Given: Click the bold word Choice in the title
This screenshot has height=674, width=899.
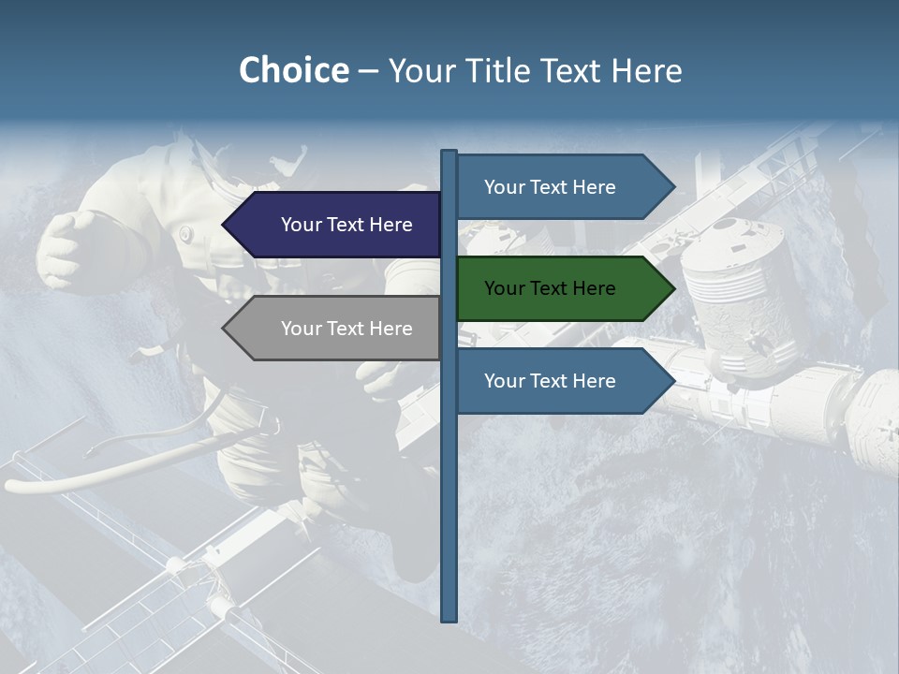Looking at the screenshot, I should (x=293, y=71).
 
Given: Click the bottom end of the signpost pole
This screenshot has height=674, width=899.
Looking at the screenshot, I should (x=449, y=617).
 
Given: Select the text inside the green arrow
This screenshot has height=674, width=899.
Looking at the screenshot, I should (x=550, y=288).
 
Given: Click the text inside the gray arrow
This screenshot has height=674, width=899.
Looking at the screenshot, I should (x=346, y=329).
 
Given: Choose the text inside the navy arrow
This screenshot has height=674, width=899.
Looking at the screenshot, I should (x=346, y=225).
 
